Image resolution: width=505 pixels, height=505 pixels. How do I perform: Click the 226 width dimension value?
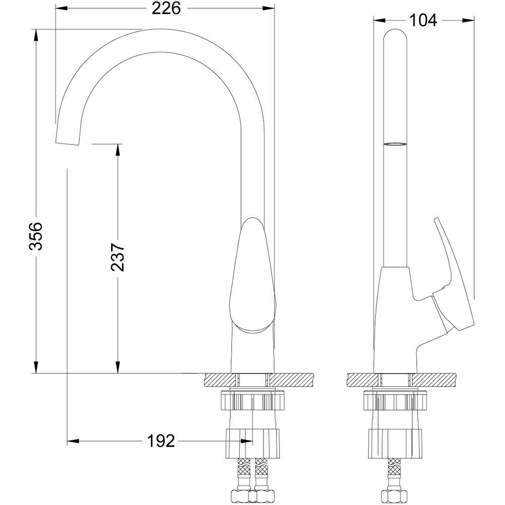[x=166, y=9]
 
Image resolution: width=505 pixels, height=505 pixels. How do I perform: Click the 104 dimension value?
[x=423, y=21]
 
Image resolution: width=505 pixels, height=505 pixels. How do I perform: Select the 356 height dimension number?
[x=36, y=236]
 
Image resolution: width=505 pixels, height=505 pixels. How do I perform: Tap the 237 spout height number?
[x=117, y=258]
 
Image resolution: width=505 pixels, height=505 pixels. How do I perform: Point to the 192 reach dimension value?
[x=161, y=441]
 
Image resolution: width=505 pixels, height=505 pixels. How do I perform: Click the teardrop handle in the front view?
[x=253, y=275]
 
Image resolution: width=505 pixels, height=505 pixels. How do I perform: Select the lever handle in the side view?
[x=452, y=277]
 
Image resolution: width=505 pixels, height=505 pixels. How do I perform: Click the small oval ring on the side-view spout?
[x=395, y=144]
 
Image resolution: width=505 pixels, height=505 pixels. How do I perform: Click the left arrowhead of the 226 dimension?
[x=61, y=9]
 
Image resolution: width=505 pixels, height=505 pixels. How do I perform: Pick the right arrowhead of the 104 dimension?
[x=469, y=21]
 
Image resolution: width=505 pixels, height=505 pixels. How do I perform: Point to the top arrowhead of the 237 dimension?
[x=118, y=149]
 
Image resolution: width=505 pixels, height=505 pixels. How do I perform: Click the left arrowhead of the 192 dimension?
[x=73, y=441]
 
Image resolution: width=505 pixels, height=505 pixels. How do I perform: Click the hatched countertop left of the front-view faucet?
[x=220, y=380]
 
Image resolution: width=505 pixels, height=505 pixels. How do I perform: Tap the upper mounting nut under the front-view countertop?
[x=253, y=400]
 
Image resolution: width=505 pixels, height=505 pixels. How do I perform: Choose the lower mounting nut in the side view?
[x=395, y=444]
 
